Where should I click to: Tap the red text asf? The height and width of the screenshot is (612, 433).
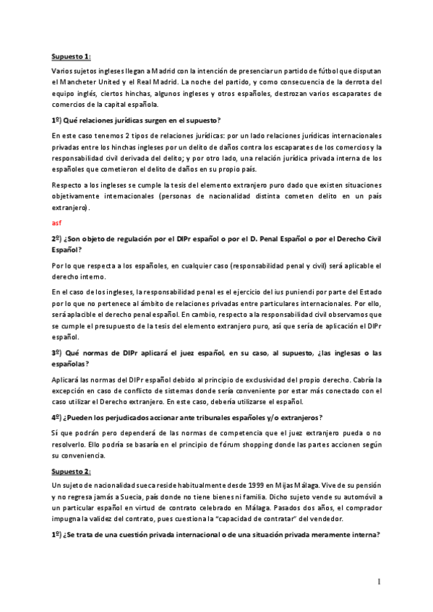(x=56, y=222)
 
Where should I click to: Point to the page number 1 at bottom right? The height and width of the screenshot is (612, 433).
(x=378, y=582)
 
